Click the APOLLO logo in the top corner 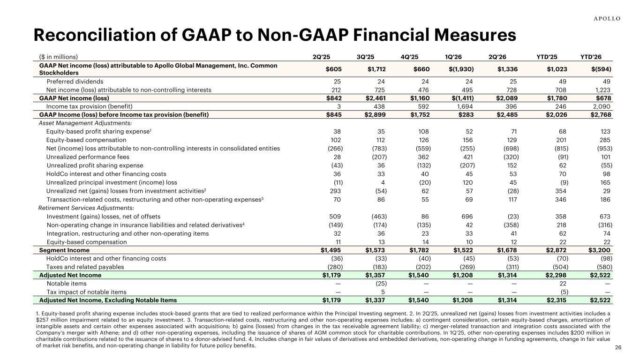click(607, 19)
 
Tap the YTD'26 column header click(591, 57)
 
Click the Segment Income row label click(64, 250)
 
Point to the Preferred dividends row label click(75, 82)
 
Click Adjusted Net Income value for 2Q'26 click(507, 275)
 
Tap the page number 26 click(618, 347)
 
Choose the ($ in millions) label click(58, 57)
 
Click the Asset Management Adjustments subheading click(85, 123)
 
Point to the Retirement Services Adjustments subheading click(86, 208)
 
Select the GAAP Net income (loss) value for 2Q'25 click(334, 98)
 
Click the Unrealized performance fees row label click(88, 157)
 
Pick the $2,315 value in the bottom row click(556, 300)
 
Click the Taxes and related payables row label click(85, 267)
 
